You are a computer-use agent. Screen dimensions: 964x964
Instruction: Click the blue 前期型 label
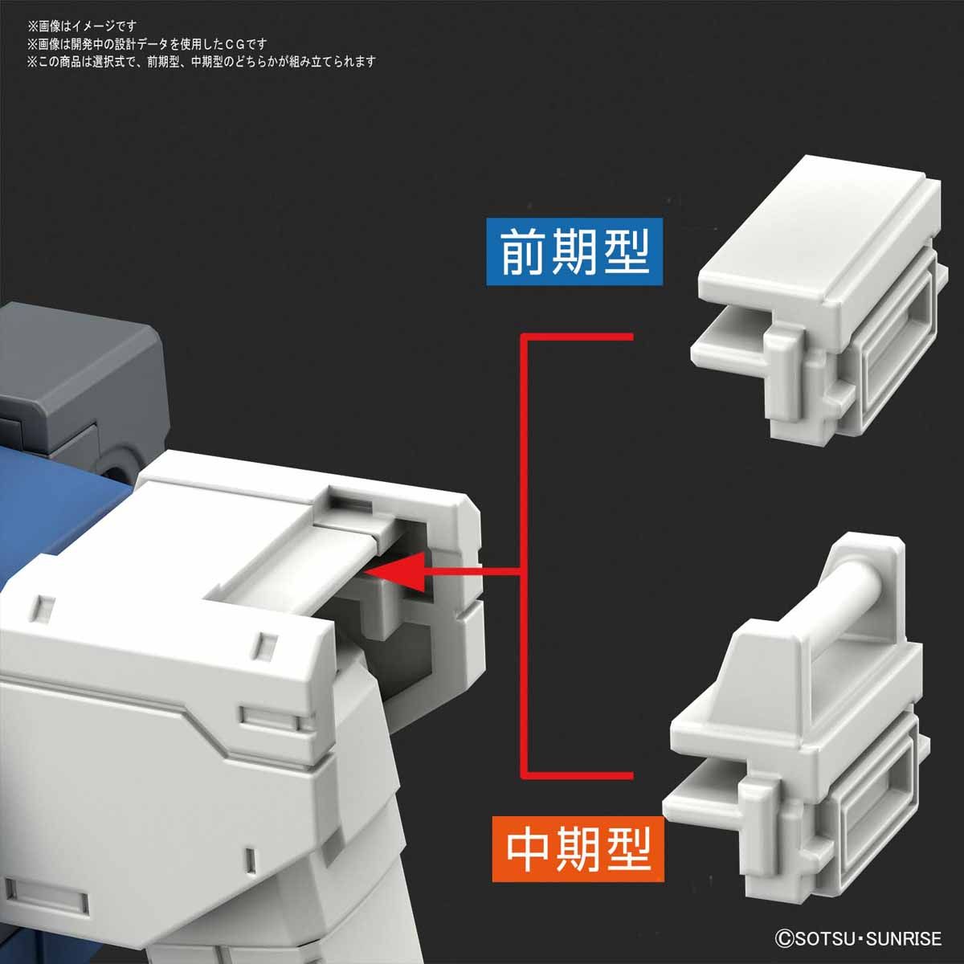[574, 252]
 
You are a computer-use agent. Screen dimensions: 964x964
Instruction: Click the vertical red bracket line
[524, 554]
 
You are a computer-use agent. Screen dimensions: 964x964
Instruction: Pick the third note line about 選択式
[201, 62]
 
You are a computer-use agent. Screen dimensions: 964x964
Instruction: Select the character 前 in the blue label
[522, 252]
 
